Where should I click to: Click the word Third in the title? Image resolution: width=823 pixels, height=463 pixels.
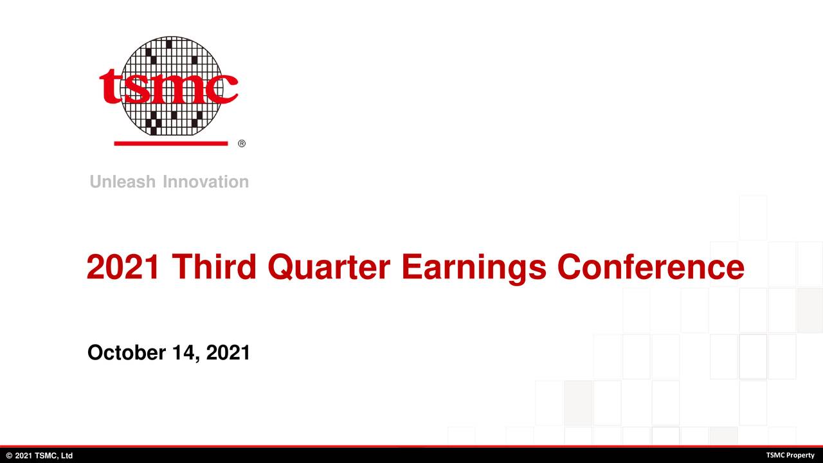click(x=214, y=266)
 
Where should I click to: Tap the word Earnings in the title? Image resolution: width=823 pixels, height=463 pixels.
click(x=474, y=269)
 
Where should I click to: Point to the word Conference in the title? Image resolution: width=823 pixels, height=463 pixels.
click(x=651, y=266)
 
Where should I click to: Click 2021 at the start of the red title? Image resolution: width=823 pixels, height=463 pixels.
click(x=123, y=266)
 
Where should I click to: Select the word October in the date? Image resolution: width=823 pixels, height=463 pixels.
click(x=127, y=352)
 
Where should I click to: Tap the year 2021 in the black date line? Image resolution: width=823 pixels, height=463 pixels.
click(x=228, y=352)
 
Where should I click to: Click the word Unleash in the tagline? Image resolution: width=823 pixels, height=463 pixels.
click(x=123, y=181)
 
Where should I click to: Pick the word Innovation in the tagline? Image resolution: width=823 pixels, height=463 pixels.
click(x=206, y=181)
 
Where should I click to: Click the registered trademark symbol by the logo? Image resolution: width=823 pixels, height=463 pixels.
click(x=242, y=143)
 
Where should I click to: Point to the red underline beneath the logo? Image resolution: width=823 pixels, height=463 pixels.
click(x=171, y=143)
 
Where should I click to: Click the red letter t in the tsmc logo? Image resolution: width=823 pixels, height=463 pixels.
click(x=110, y=86)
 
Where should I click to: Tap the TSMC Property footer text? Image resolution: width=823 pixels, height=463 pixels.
click(x=790, y=455)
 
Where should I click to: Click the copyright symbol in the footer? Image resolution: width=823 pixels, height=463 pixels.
click(x=10, y=456)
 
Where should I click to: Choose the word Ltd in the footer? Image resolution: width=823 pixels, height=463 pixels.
click(x=66, y=456)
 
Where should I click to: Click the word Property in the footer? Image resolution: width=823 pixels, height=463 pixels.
click(x=799, y=456)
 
